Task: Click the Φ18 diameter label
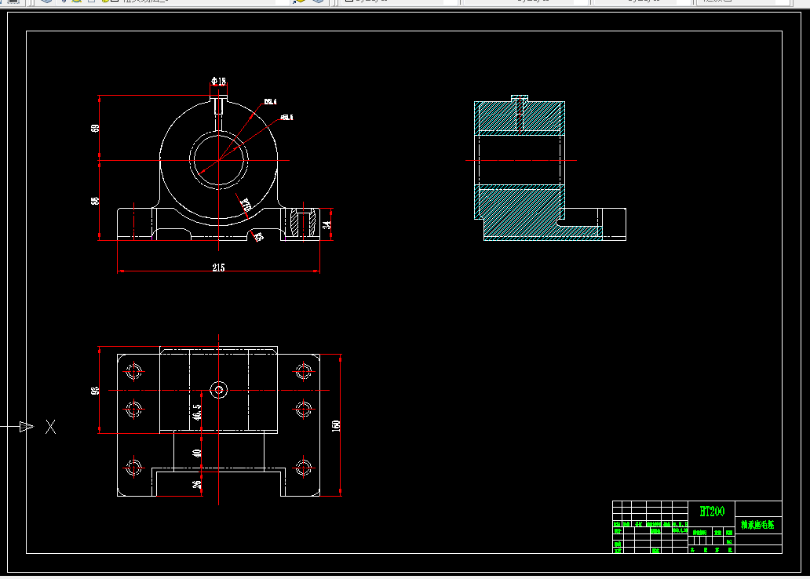218,81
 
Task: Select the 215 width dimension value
217,268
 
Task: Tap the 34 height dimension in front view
328,224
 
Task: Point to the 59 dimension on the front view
96,128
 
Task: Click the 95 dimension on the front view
96,200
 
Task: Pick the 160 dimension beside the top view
337,425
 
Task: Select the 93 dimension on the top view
96,390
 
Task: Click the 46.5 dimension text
197,411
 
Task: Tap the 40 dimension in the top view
197,452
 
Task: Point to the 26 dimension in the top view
197,483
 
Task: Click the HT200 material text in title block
711,512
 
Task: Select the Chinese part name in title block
757,525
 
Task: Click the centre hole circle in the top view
218,389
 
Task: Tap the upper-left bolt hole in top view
133,370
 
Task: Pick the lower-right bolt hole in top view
305,468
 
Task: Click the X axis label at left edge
51,427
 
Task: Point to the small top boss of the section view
519,99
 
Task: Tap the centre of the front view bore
217,160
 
